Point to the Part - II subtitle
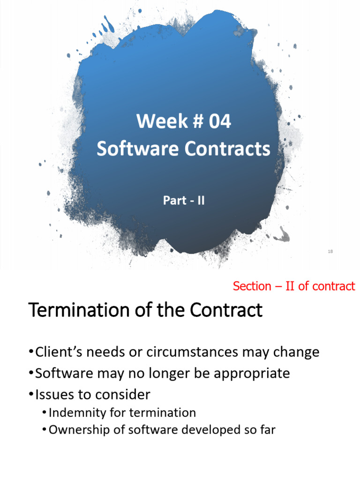point(184,201)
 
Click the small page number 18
point(330,252)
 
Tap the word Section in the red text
point(252,286)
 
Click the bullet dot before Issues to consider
point(31,395)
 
